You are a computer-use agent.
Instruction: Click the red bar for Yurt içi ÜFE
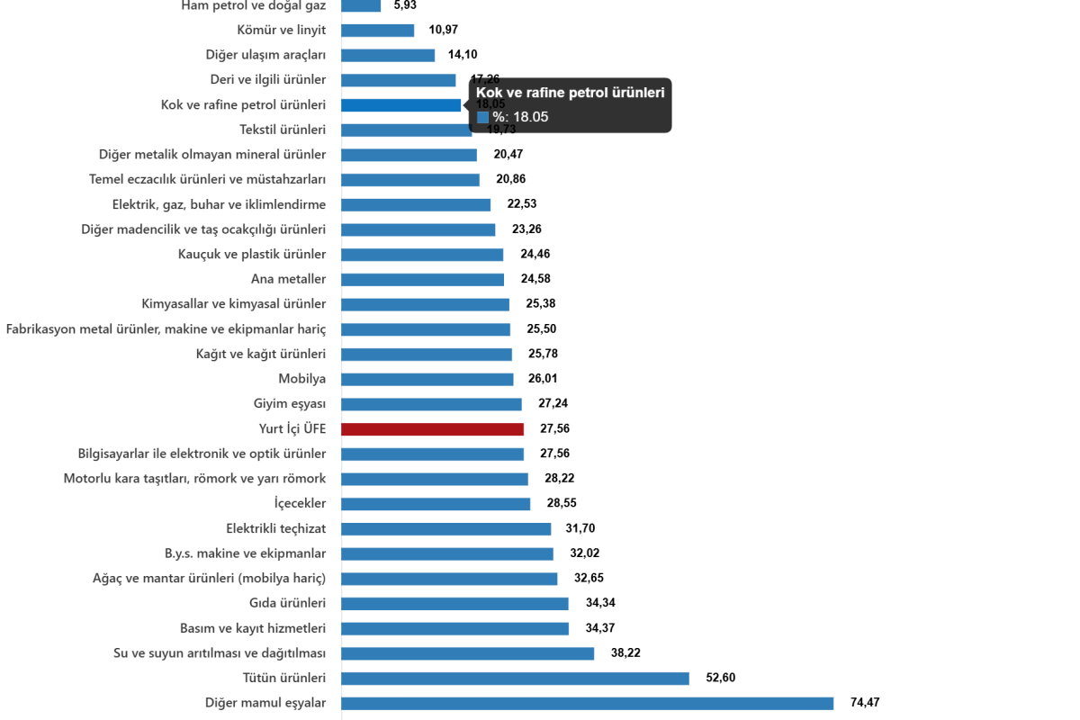tap(433, 429)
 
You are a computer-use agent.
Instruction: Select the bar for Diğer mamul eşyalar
tap(588, 703)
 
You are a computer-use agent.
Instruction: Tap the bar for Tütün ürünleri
tap(515, 678)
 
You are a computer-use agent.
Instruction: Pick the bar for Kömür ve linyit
tap(378, 31)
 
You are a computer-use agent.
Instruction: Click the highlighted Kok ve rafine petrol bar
tap(401, 105)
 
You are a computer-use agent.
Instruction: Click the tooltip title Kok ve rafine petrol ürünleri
tap(570, 93)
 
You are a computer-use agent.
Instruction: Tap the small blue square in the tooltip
tap(482, 117)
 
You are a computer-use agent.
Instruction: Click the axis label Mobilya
tap(302, 379)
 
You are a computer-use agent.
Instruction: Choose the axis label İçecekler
tap(300, 503)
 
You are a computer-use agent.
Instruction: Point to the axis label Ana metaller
tap(288, 279)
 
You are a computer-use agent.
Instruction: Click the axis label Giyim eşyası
tap(290, 404)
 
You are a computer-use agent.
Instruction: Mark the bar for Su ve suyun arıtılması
tap(468, 653)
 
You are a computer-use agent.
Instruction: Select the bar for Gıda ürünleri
tap(455, 603)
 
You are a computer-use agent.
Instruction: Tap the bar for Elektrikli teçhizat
tap(446, 529)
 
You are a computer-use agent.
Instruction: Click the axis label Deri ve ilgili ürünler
tap(267, 79)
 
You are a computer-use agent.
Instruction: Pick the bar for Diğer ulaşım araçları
tap(389, 55)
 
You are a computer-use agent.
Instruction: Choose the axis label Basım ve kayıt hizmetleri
tap(253, 627)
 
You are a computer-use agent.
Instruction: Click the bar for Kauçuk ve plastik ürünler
tap(423, 255)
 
